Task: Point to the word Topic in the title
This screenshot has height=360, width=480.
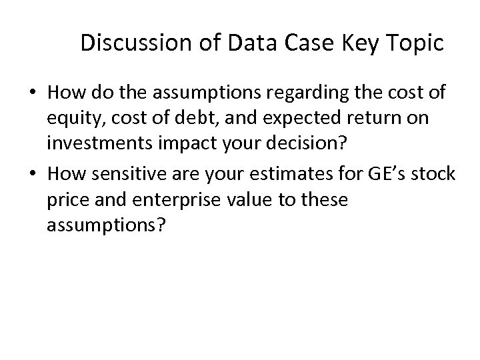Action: (x=415, y=44)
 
